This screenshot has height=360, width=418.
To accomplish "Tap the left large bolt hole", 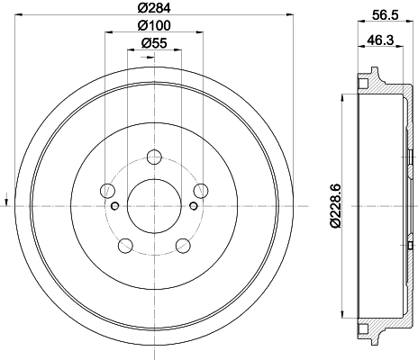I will point(108,190).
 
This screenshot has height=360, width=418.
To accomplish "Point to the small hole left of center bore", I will point(114,206).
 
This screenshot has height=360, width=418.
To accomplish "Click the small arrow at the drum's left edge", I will point(8,198).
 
